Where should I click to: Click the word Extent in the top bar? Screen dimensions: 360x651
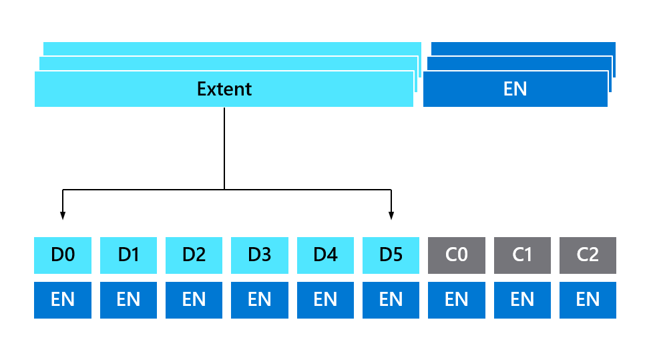[224, 89]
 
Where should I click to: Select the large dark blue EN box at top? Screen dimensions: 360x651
[515, 89]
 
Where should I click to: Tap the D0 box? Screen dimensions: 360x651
[63, 255]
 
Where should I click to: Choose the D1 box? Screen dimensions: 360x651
[128, 255]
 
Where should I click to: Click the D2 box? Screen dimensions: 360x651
[194, 255]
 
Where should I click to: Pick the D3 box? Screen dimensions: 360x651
[259, 255]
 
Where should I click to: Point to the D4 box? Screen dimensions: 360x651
[325, 255]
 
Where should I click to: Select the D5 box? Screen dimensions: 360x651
[391, 255]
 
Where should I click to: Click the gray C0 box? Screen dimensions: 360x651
[456, 255]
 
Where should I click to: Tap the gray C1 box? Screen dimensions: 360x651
[522, 255]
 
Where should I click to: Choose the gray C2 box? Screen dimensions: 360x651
[588, 255]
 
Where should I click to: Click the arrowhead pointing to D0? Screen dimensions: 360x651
[63, 215]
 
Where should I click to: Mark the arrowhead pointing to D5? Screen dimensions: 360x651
[391, 215]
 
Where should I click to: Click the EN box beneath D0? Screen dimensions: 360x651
[63, 300]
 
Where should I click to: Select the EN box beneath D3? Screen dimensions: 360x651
[259, 300]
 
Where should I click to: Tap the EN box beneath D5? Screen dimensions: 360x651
[391, 300]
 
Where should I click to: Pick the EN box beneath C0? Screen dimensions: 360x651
[456, 300]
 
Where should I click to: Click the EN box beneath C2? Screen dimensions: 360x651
[588, 300]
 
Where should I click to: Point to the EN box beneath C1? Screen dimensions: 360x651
[522, 300]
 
